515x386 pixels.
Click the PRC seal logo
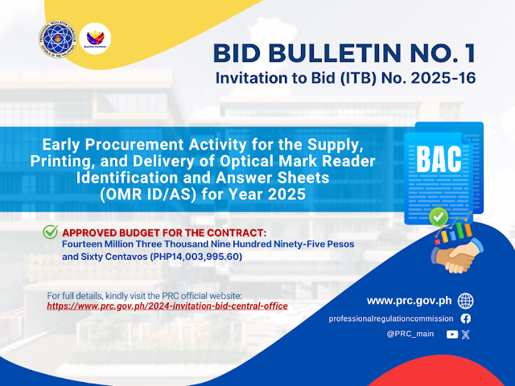[x=57, y=39]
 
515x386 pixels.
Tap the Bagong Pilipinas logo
[x=95, y=39]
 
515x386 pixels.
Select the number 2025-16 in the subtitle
[x=443, y=78]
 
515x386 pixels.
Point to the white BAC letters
[x=439, y=159]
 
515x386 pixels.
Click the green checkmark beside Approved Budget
[x=51, y=232]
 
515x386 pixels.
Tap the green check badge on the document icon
[x=439, y=216]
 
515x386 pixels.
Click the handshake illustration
[x=456, y=256]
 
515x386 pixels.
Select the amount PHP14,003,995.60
[x=196, y=257]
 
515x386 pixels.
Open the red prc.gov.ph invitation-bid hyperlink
[x=167, y=306]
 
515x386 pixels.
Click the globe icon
[x=465, y=301]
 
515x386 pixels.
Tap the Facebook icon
[x=465, y=318]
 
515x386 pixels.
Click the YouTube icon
[x=452, y=335]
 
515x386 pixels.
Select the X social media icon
[x=465, y=335]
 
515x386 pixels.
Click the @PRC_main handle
[x=410, y=334]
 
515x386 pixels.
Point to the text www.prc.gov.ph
[x=410, y=301]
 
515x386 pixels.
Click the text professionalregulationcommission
[x=391, y=318]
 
